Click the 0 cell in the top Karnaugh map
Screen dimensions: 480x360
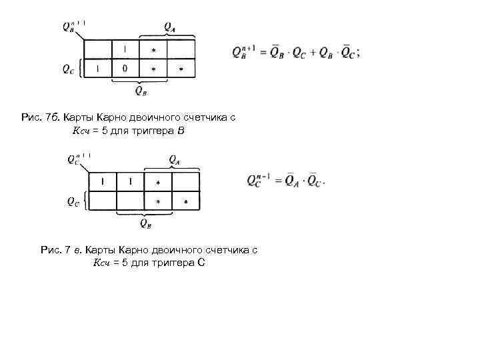coord(125,69)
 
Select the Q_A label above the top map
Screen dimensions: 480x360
coord(170,27)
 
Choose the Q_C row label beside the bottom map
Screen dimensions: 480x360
coord(72,202)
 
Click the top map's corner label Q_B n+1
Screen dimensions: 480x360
coord(72,27)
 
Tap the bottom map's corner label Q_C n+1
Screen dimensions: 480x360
coord(76,159)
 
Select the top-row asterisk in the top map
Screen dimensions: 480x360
coord(153,51)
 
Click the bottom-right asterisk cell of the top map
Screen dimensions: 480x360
coord(181,69)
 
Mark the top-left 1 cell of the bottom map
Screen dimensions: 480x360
coord(103,182)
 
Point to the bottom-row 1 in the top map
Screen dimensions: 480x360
coord(97,69)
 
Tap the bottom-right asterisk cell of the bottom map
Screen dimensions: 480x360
coord(185,201)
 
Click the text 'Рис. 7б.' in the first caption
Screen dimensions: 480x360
coord(41,117)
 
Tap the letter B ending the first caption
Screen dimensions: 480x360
coord(179,131)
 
